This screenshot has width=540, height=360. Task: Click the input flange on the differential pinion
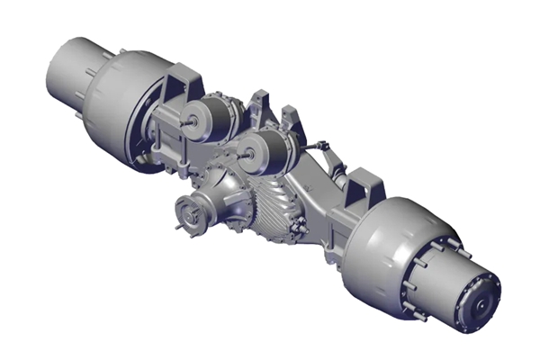click(x=189, y=214)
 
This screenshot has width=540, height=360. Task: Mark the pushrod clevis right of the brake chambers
click(x=320, y=145)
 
